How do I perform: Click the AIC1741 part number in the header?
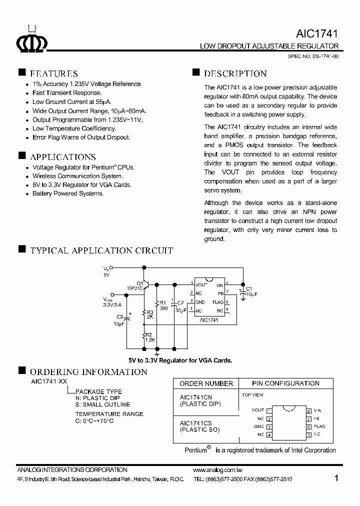(317, 34)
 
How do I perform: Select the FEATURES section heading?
(54, 73)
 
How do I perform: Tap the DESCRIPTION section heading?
(235, 73)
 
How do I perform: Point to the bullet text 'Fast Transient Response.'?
(67, 93)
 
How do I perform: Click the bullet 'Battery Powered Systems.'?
(68, 193)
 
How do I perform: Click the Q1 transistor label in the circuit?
(140, 283)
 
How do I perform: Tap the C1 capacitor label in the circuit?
(249, 288)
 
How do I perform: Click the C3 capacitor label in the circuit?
(119, 317)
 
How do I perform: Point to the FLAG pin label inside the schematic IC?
(217, 302)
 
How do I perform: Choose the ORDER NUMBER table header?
(206, 383)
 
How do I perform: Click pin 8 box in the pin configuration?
(309, 410)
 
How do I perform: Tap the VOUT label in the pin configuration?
(257, 410)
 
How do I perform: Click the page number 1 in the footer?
(336, 478)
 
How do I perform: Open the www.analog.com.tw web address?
(217, 470)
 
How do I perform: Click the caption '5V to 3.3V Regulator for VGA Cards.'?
(180, 360)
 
